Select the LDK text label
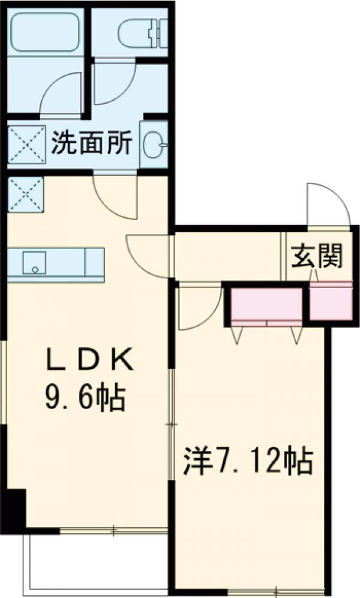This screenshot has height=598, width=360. [x=89, y=362]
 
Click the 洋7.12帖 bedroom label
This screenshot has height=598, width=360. [x=248, y=461]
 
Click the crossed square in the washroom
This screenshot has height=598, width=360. [x=25, y=145]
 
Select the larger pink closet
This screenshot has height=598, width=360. [x=266, y=306]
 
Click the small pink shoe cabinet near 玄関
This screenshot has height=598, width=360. [x=330, y=299]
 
